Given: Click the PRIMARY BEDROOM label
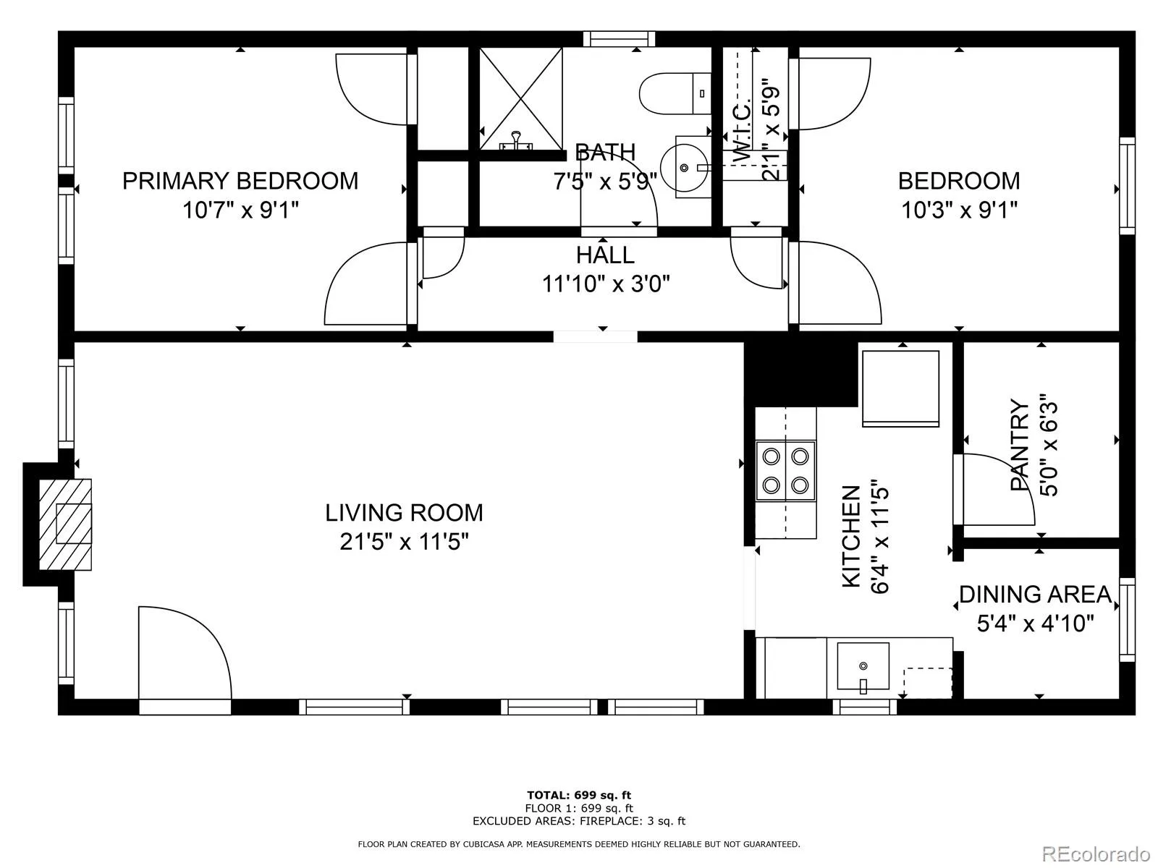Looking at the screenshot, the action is click(x=240, y=181).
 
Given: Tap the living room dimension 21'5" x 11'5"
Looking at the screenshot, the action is click(x=404, y=541).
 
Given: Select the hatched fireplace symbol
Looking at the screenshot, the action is click(x=65, y=524).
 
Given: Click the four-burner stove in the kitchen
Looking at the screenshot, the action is click(x=785, y=471).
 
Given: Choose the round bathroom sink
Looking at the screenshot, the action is click(x=684, y=168).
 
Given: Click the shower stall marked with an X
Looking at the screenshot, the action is click(x=520, y=98).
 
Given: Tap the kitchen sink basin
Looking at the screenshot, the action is click(x=863, y=665).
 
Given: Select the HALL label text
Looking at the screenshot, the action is click(x=605, y=255).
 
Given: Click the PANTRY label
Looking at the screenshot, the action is click(x=1019, y=445).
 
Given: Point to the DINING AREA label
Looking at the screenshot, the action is click(x=1035, y=595).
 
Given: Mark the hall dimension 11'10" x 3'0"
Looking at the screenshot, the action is click(x=606, y=284).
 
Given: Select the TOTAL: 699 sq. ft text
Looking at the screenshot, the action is click(x=579, y=795).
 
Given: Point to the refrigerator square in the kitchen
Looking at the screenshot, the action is click(x=900, y=388).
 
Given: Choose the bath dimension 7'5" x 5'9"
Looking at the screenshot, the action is click(x=605, y=182).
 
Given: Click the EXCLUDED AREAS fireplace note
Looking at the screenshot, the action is click(x=579, y=820).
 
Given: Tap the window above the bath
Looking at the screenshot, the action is click(x=619, y=39).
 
